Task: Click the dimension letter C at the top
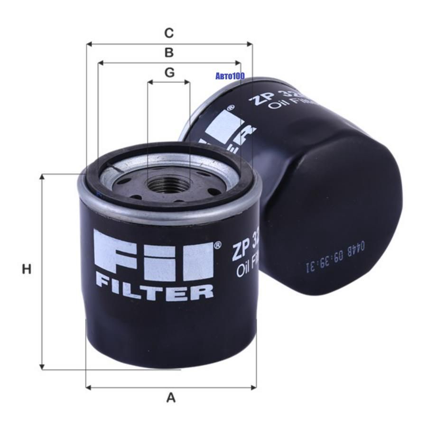(169, 33)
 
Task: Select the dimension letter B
(169, 52)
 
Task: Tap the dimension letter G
(169, 73)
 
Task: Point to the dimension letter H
(27, 269)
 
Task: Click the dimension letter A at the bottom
(171, 398)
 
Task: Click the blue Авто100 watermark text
(230, 76)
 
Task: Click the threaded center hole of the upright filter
(168, 184)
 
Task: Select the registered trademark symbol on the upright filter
(217, 245)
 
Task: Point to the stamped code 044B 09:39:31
(332, 259)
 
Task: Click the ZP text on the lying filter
(260, 97)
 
